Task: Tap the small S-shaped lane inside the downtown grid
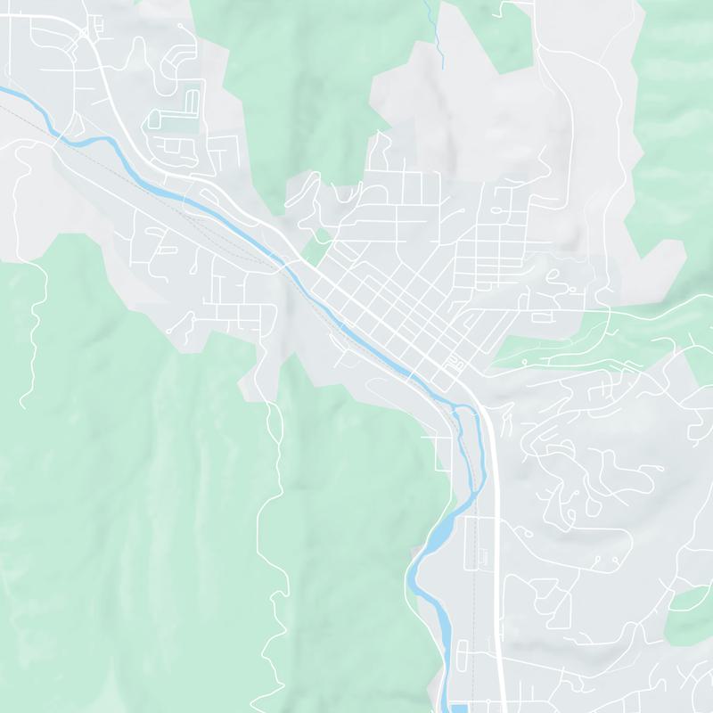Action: point(455,363)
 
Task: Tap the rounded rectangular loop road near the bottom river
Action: point(463,659)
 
